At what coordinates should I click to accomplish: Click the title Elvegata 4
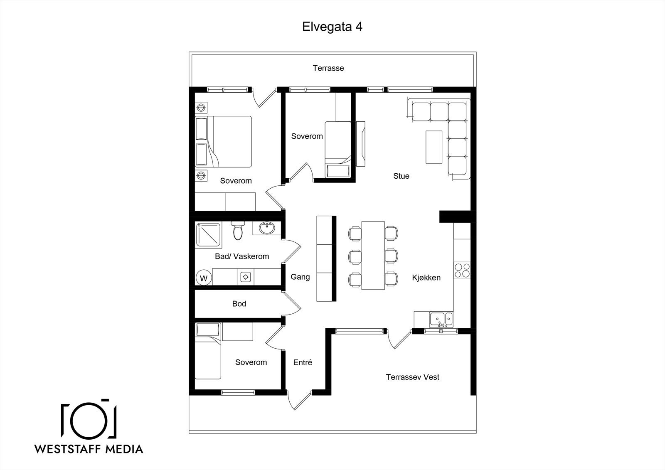coord(332,27)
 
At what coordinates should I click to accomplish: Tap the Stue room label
coord(401,176)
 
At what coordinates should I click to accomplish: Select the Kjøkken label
coord(426,278)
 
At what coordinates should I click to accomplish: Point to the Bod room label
coord(239,304)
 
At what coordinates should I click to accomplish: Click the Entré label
coord(303,362)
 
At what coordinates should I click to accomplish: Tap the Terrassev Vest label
coord(412,377)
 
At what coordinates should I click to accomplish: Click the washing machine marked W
coord(204,278)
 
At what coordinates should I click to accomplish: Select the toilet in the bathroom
coord(237,230)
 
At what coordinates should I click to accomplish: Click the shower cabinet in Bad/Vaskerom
coord(208,235)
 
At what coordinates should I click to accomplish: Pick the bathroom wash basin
coord(267,228)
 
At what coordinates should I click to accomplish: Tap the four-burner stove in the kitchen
coord(462,271)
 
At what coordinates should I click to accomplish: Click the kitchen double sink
coord(441,320)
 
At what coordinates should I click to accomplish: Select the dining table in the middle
coord(373,255)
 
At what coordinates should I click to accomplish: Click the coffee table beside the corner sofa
coord(434,147)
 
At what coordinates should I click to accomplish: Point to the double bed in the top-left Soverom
coord(223,142)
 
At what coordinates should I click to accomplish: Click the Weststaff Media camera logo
coord(89,420)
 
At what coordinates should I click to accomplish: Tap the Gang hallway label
coord(300,277)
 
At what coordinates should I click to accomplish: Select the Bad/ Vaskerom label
coord(242,256)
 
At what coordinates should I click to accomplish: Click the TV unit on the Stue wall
coord(360,144)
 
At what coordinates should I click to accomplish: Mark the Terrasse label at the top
coord(328,68)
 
